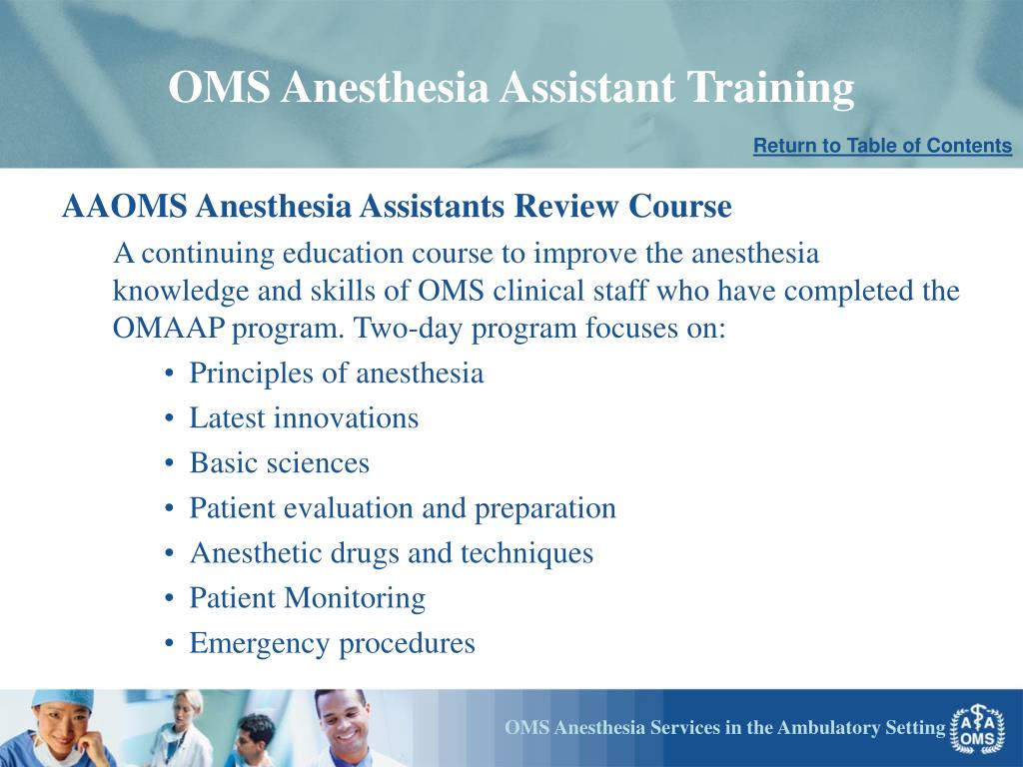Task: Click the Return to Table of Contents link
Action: [883, 146]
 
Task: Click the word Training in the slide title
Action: [770, 88]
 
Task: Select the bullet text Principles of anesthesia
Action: [336, 374]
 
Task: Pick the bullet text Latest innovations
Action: [304, 418]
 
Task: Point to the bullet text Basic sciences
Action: [280, 463]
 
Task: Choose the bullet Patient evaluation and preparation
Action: [403, 508]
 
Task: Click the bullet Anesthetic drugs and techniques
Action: [392, 553]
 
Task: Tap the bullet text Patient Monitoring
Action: [308, 598]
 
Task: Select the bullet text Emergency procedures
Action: [332, 643]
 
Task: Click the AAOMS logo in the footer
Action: [977, 729]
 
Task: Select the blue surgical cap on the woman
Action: [62, 700]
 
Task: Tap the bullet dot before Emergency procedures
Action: [170, 644]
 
